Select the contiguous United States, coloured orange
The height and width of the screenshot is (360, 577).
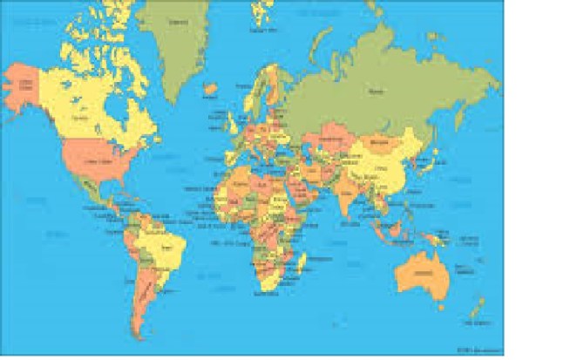(96, 160)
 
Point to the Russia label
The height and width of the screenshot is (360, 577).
(377, 89)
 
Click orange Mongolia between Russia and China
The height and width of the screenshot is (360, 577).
(381, 139)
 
